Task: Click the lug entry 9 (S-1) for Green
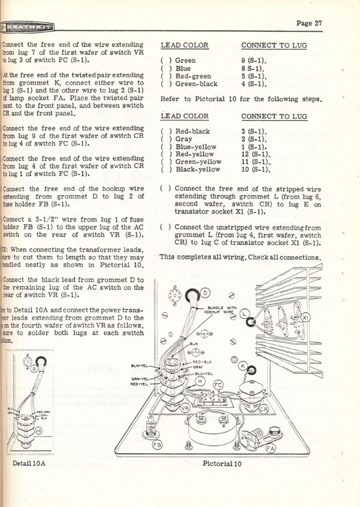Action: pyautogui.click(x=252, y=60)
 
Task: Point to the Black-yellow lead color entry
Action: pyautogui.click(x=198, y=169)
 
